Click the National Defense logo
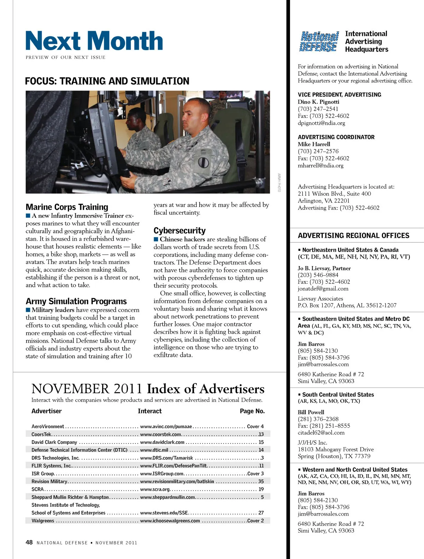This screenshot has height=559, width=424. [x=319, y=42]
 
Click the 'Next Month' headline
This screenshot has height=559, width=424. [x=94, y=41]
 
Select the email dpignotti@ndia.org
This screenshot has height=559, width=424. [x=321, y=123]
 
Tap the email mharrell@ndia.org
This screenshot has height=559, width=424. [x=320, y=165]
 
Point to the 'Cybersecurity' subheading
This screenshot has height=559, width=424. [x=179, y=231]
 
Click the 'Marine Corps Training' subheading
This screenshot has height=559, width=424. [x=67, y=207]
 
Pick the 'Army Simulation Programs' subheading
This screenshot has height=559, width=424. [x=76, y=301]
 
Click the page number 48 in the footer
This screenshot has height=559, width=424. [x=29, y=542]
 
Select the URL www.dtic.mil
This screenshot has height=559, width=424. [x=154, y=450]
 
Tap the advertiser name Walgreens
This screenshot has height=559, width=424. [x=43, y=521]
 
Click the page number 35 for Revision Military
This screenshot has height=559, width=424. [x=261, y=481]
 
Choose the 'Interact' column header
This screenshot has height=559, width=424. [x=149, y=411]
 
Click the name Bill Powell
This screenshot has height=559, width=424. [x=311, y=412]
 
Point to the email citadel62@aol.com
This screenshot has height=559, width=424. [x=321, y=433]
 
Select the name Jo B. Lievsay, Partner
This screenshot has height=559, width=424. [x=324, y=268]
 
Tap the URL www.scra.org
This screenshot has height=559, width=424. [x=155, y=489]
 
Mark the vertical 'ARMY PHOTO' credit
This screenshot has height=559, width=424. [x=279, y=183]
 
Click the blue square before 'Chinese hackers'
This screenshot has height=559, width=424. [x=156, y=239]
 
